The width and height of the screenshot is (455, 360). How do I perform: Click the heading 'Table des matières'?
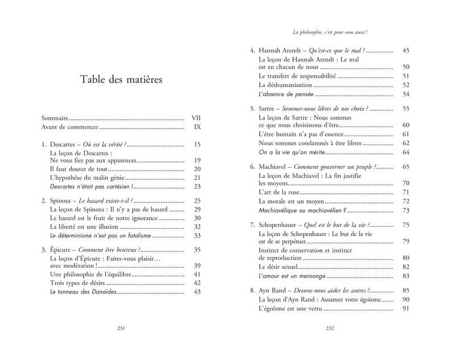coord(121,80)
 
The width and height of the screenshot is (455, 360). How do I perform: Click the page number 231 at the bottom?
coord(121,328)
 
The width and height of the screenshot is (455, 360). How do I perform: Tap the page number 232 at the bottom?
coord(329,328)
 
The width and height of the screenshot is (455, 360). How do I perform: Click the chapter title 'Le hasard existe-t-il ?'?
coord(105,201)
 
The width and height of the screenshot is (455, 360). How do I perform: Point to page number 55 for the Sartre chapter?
coord(406,108)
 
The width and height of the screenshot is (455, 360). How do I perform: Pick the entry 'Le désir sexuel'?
coord(278,267)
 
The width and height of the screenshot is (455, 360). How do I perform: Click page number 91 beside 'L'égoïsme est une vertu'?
coord(406,309)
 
